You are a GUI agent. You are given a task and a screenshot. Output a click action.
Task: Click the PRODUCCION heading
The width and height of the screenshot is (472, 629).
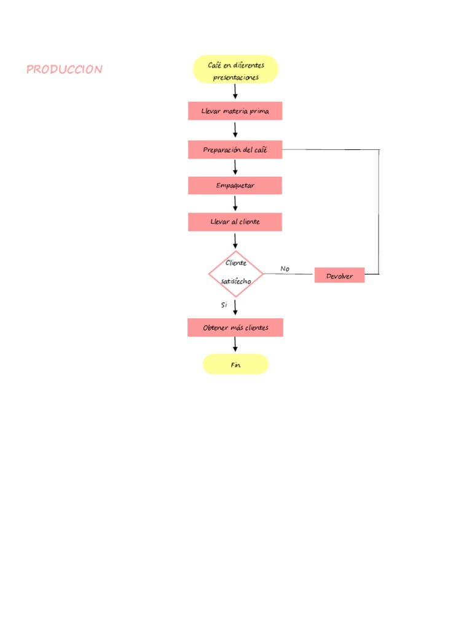65,69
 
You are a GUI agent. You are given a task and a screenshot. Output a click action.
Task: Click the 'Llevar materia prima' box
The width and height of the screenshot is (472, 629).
235,111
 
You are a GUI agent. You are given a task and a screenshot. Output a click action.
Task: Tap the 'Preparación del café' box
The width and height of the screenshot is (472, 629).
235,150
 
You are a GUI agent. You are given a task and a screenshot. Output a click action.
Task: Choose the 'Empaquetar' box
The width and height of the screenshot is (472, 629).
235,186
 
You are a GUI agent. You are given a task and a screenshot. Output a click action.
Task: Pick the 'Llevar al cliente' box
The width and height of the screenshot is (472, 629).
235,222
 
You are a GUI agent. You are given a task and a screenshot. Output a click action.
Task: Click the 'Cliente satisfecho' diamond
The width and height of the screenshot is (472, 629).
235,273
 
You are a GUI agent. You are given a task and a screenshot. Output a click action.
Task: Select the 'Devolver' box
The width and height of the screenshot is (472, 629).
339,276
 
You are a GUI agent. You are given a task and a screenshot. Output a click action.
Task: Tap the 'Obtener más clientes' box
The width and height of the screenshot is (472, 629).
235,328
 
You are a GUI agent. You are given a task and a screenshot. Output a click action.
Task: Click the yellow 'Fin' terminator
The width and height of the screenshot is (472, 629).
235,364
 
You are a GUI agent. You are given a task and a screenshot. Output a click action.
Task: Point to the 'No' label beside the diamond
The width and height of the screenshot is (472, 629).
285,269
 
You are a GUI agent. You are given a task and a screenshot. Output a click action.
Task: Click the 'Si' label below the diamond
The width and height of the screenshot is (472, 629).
224,305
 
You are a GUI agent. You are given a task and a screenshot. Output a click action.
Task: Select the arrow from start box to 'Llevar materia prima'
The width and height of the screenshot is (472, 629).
235,92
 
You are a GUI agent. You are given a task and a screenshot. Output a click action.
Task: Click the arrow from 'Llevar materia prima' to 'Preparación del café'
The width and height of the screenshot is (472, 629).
235,130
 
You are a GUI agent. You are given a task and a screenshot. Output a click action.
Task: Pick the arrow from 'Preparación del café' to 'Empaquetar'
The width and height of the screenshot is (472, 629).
235,167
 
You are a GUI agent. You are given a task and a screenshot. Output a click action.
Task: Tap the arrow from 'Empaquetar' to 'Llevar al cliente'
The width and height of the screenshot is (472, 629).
235,203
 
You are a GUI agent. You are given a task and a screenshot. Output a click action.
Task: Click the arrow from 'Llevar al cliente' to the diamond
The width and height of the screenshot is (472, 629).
235,241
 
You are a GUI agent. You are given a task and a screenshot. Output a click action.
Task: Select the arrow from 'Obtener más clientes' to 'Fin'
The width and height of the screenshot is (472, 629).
235,345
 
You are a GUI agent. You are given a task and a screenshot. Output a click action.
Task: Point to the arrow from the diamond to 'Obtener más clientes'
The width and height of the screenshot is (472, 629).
235,307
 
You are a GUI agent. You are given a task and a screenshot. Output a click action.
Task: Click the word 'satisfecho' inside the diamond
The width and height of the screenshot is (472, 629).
236,281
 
